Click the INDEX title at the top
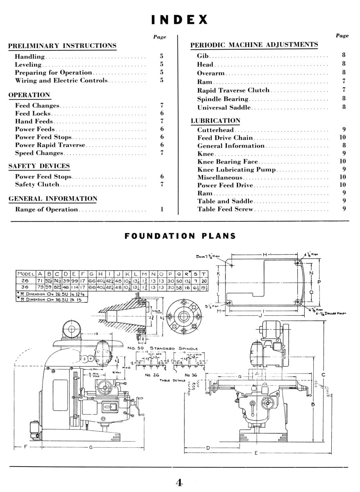(180, 19)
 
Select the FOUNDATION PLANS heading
(180, 236)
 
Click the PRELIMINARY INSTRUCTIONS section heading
(62, 46)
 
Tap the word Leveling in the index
(28, 64)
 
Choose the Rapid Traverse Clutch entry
(233, 90)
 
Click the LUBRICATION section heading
(215, 121)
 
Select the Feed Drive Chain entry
(225, 138)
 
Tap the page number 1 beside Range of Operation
(162, 210)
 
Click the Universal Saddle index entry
(224, 107)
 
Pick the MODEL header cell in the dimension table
(25, 273)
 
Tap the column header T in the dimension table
(205, 273)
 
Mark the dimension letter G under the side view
(90, 447)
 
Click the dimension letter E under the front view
(256, 453)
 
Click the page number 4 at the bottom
(179, 483)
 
